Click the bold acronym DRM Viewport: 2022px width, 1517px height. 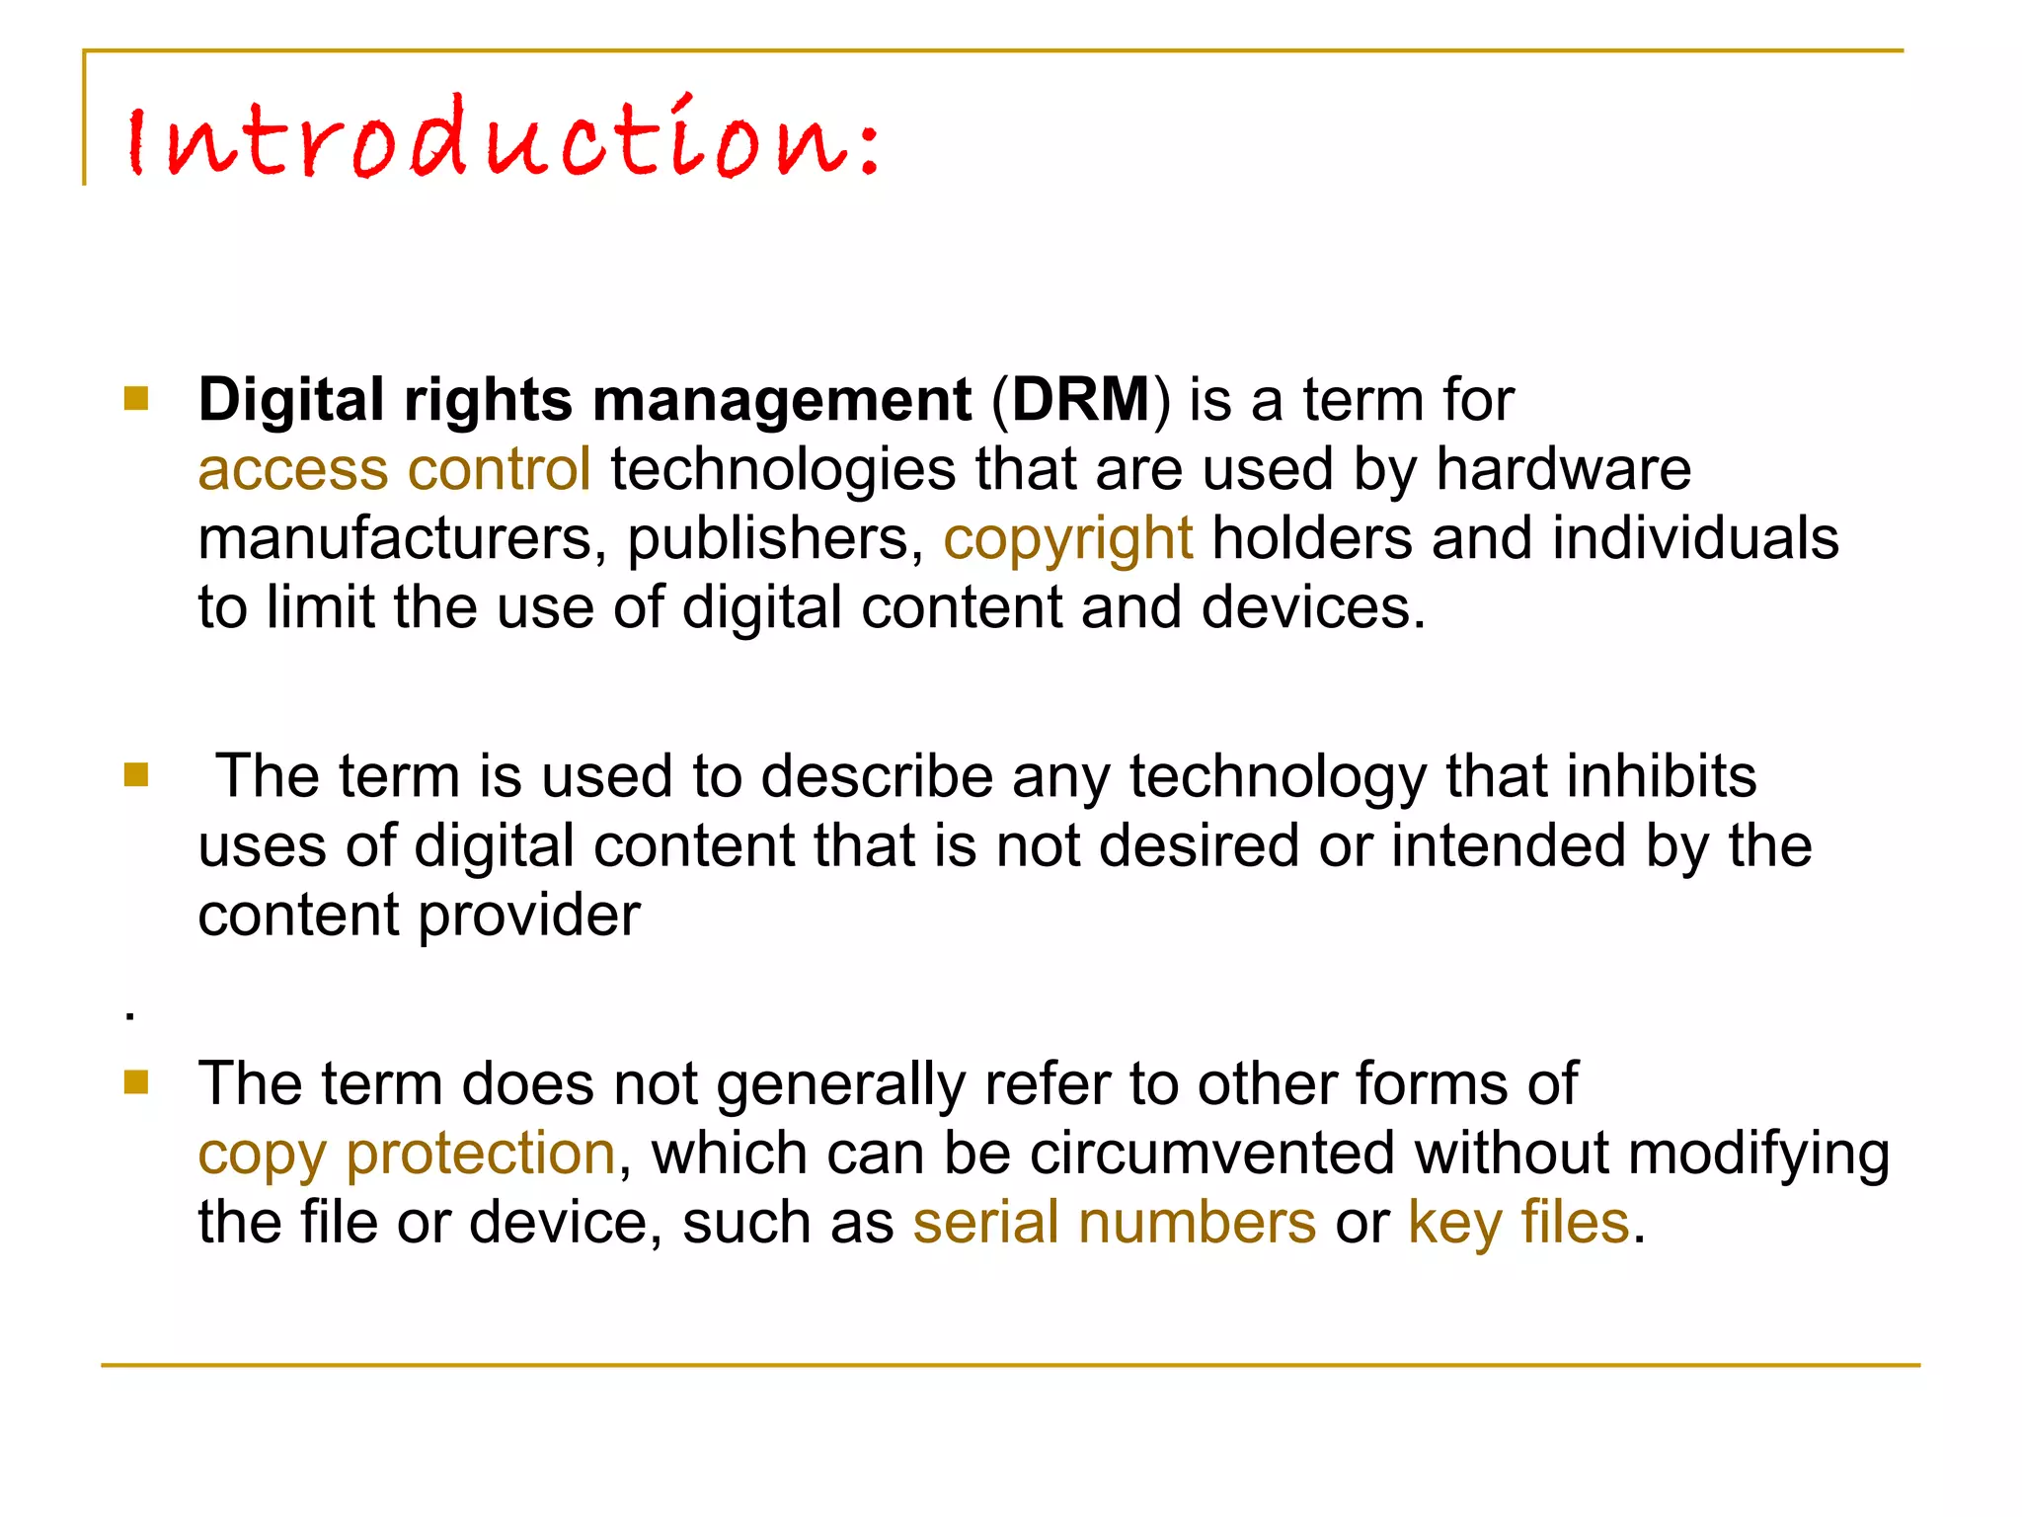point(1081,400)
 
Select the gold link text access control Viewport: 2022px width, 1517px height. point(394,469)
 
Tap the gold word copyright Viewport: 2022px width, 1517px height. point(1067,539)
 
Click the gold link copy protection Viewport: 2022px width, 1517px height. point(407,1154)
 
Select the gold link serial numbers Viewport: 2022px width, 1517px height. point(1114,1223)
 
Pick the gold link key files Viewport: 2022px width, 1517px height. point(1517,1223)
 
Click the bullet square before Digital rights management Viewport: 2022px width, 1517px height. point(136,399)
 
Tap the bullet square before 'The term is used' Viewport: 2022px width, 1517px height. point(136,775)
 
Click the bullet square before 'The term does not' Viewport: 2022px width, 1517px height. point(136,1083)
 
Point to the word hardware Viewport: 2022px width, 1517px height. point(1563,469)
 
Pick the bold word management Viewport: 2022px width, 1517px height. point(782,401)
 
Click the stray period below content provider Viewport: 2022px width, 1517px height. point(130,1015)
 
